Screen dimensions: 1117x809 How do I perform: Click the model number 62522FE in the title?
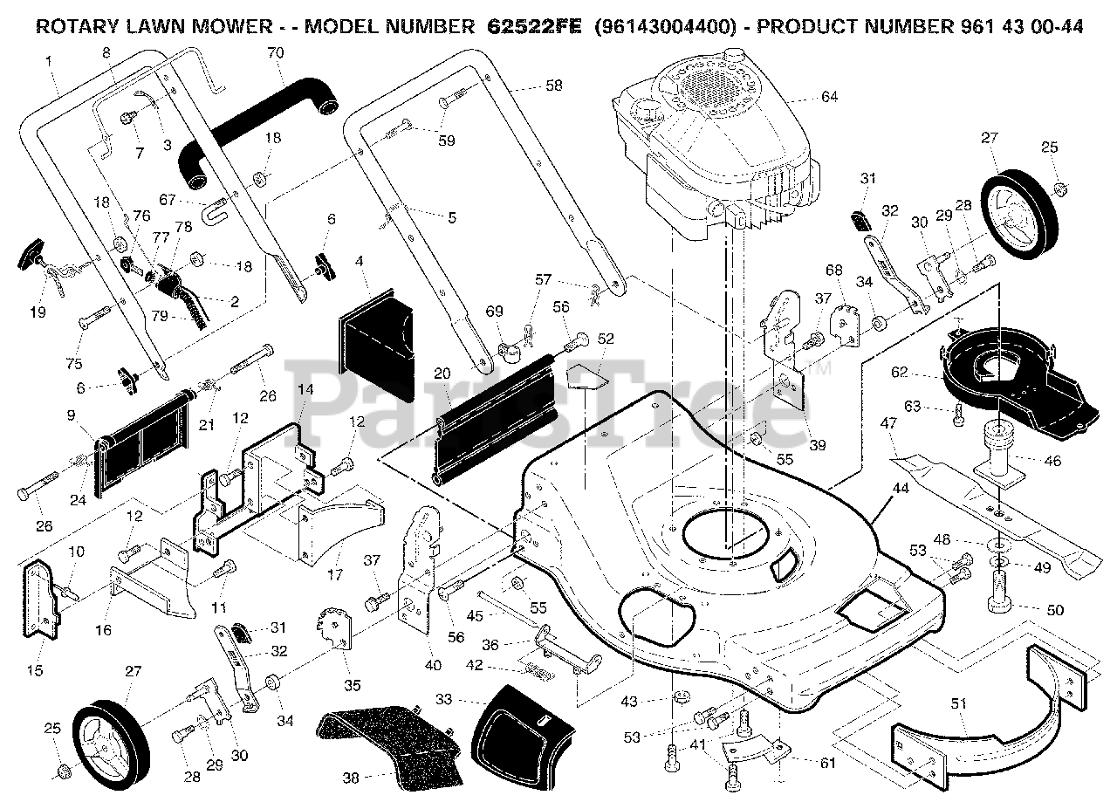(x=535, y=26)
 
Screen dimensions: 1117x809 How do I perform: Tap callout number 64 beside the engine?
(x=830, y=96)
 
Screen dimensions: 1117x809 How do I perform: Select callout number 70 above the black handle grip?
(x=275, y=52)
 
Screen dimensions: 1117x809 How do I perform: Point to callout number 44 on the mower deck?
(x=900, y=488)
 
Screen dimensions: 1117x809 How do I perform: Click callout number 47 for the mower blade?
(x=888, y=423)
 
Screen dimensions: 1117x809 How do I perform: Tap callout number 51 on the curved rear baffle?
(x=958, y=703)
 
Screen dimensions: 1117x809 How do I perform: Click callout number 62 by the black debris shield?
(x=900, y=372)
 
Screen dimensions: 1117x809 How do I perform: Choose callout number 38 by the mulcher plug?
(x=351, y=778)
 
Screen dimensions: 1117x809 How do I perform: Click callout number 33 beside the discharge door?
(x=443, y=699)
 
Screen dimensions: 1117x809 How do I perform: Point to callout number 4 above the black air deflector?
(x=359, y=261)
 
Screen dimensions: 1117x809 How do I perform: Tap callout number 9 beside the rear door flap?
(x=71, y=415)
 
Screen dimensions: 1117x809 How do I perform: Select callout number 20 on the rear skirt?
(x=442, y=373)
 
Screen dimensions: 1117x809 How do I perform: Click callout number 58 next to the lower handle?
(x=553, y=86)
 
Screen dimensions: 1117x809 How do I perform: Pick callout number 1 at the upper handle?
(x=48, y=61)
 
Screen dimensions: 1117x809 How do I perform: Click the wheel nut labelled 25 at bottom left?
(x=64, y=771)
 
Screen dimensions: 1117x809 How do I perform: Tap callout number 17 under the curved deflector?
(x=335, y=574)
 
